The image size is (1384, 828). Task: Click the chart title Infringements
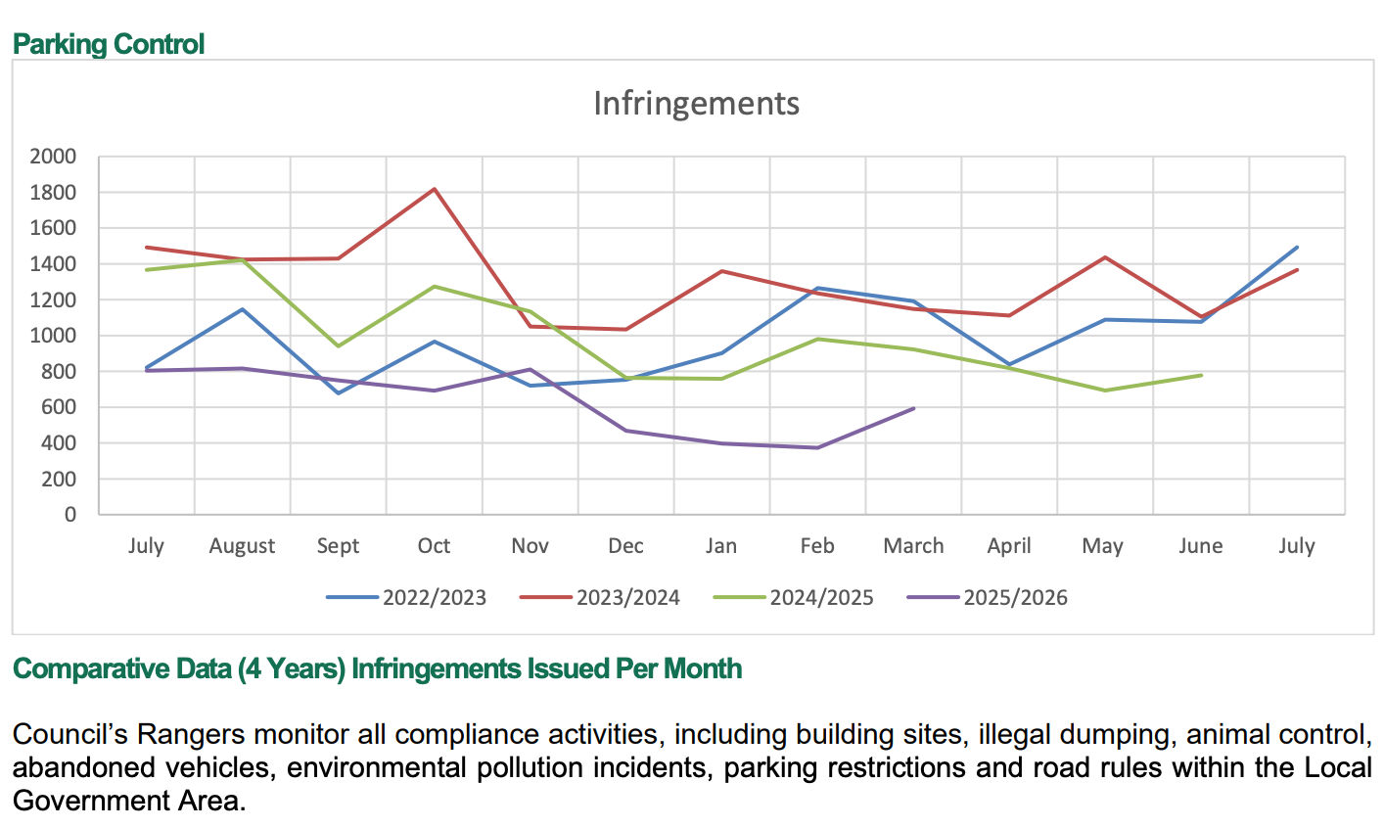[696, 104]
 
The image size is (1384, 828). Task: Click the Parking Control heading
[109, 44]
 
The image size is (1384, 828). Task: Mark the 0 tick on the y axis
[69, 515]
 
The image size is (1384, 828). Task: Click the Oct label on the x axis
[434, 546]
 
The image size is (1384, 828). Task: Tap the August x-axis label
[242, 546]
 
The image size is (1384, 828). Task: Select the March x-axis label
[913, 546]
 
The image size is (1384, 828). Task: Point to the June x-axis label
[1200, 546]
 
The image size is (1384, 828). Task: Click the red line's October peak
[435, 189]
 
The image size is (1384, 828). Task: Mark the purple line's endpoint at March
[913, 408]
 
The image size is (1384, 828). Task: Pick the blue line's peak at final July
[1297, 248]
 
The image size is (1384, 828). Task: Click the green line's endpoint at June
[1201, 375]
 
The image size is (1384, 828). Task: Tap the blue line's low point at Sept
[339, 392]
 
